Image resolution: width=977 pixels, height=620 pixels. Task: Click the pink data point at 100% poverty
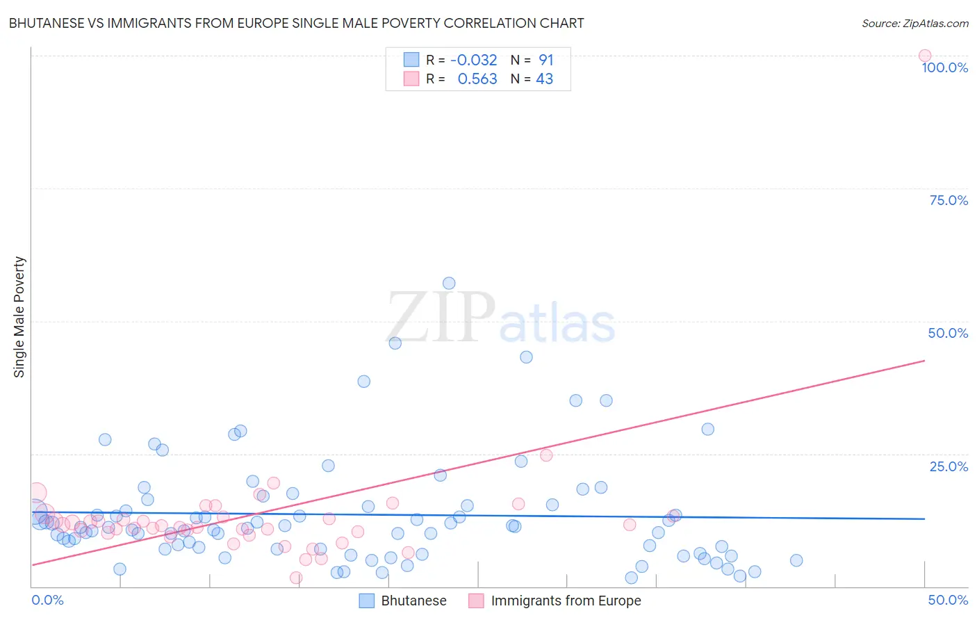924,56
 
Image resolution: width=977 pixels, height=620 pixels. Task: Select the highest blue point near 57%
449,283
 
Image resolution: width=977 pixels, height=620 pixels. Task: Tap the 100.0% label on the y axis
944,67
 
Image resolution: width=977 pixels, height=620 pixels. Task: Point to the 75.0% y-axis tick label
949,200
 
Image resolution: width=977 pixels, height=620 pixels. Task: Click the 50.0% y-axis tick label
948,333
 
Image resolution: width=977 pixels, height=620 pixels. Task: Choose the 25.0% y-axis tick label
949,466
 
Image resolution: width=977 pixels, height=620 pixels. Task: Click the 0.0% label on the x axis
48,600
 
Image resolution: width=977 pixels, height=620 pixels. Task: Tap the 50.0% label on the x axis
948,600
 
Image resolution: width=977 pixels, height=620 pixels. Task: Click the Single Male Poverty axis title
19,317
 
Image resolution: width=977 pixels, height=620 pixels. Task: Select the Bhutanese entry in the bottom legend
413,601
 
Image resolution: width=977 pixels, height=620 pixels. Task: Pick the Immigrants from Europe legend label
566,601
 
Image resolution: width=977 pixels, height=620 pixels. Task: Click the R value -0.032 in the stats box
474,60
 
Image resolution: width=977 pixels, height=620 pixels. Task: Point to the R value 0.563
477,79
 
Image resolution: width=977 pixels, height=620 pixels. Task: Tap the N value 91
546,60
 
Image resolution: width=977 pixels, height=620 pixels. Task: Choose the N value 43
545,79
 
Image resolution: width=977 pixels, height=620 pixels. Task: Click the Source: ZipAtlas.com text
914,23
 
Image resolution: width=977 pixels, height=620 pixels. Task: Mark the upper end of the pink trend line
924,361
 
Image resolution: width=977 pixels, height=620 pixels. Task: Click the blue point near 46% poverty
395,343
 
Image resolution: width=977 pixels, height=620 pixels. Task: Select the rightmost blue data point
796,560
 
